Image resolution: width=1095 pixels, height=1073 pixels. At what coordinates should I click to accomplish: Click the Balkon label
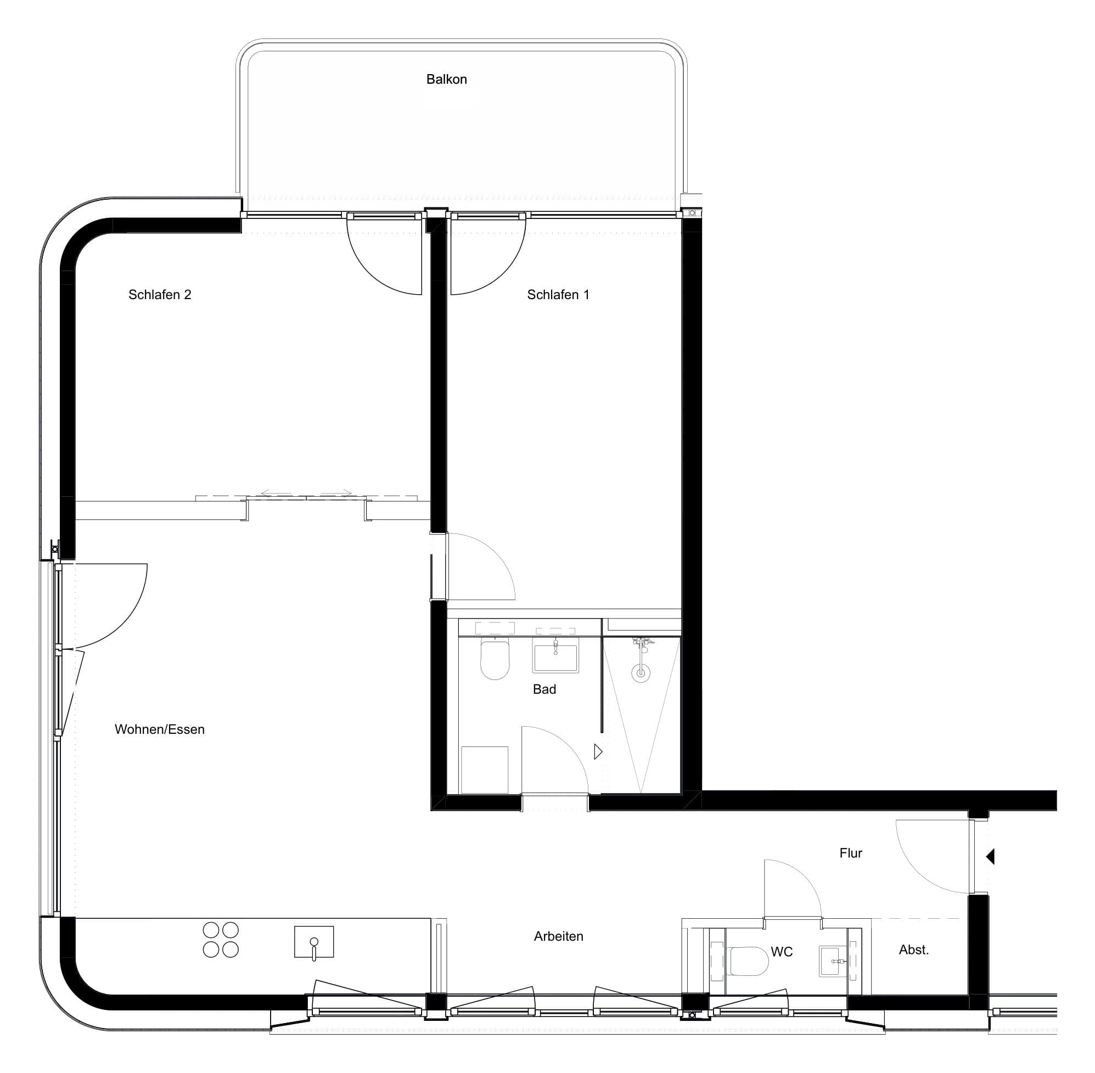pos(446,80)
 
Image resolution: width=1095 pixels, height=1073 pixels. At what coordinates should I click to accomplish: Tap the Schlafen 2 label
pos(160,295)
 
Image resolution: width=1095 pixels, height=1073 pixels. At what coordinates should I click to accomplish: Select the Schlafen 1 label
pos(558,295)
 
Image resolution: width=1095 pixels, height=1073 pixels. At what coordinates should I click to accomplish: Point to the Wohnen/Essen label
pos(160,729)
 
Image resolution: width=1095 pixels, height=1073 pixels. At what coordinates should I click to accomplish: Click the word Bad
pos(544,689)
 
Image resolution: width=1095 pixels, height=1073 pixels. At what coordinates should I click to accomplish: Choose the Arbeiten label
pos(559,936)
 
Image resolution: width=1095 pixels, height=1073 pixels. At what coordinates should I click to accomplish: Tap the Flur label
pos(850,853)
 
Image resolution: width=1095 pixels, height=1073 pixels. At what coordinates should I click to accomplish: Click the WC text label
pos(782,952)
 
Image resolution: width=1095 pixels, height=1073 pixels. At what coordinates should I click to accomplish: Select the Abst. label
pos(913,950)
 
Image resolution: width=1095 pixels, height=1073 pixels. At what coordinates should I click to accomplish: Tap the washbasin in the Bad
pos(555,658)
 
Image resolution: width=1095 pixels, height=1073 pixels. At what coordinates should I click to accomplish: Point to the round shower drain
pos(640,672)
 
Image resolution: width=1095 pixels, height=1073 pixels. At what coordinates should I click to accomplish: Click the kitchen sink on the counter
pos(314,942)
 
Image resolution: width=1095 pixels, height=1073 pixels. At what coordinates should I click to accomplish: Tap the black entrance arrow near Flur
pos(990,857)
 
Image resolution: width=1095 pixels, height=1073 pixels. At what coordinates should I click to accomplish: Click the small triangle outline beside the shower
pos(598,752)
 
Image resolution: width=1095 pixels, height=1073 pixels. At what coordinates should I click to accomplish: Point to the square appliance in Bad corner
pos(485,770)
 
